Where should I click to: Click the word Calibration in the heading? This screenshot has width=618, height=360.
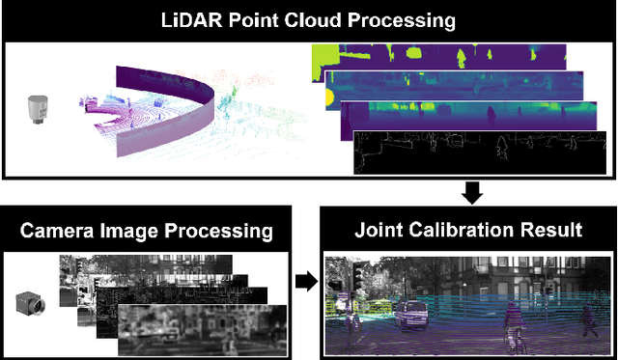465,230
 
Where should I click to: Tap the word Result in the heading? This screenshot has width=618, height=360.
552,230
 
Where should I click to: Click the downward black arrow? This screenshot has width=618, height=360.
471,193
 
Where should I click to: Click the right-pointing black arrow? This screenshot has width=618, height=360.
303,282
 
